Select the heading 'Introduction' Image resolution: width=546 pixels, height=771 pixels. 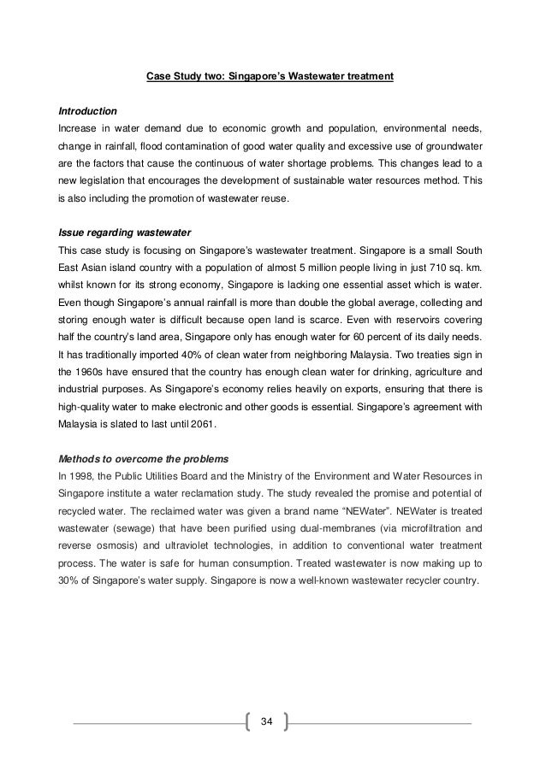click(x=86, y=111)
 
